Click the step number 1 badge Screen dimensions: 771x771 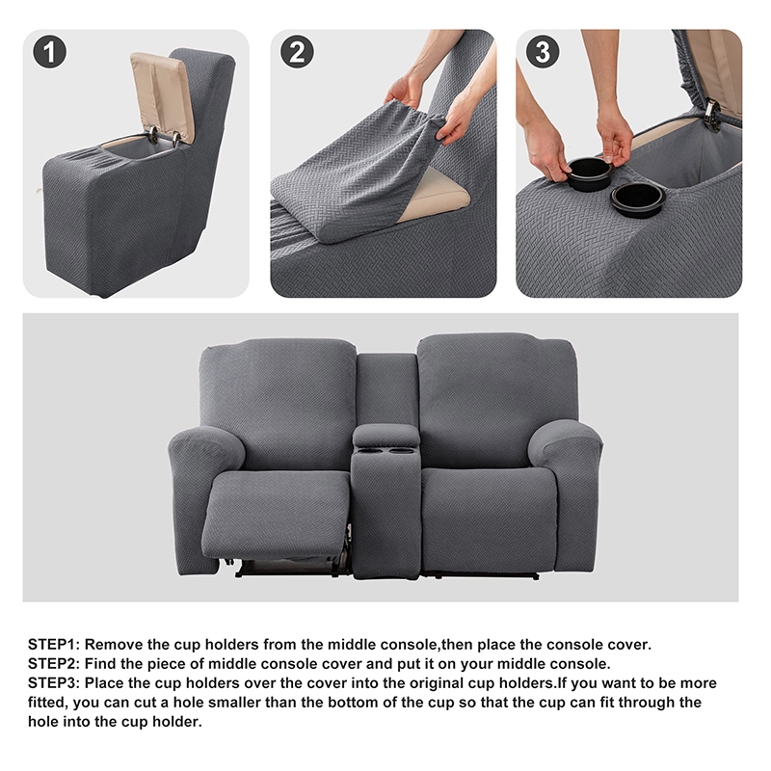coord(50,52)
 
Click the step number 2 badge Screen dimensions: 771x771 coord(297,52)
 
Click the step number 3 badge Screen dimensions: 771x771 coord(543,52)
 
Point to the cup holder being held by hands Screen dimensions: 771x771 coord(589,174)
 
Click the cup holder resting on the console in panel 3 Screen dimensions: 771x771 coord(638,199)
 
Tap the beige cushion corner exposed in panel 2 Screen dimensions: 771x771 coord(437,194)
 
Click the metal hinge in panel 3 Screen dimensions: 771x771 coord(713,114)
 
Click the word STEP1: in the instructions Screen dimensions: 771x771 coord(54,644)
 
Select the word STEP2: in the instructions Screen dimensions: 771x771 coord(54,663)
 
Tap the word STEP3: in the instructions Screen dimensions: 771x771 coord(54,683)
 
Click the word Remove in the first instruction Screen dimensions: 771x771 coord(114,644)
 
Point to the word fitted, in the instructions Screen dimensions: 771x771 coord(48,703)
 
